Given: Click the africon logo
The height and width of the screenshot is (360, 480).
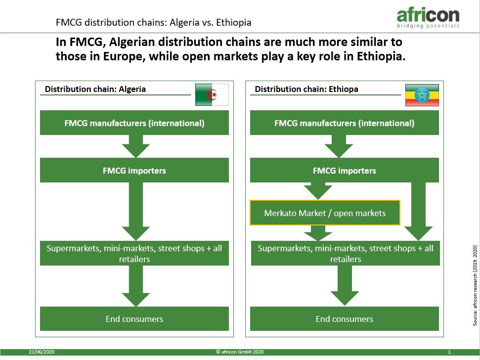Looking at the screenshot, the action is click(428, 18).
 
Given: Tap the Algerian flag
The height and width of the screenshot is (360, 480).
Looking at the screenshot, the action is click(212, 94).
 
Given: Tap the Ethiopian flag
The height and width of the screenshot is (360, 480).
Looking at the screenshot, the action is click(422, 95).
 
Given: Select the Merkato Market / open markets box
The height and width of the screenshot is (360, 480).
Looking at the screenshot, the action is click(325, 213).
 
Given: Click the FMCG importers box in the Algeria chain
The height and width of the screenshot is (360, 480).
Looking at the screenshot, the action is click(134, 170).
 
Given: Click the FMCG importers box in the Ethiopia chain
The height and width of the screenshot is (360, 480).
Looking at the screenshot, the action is click(345, 170).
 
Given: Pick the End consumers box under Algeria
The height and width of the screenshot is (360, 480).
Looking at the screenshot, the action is click(134, 318).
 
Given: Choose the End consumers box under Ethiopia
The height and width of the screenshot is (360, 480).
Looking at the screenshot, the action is click(345, 318).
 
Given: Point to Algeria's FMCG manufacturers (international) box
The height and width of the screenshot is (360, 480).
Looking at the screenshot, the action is click(134, 123).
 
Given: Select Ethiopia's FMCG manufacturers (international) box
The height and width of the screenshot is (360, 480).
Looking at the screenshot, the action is click(345, 123).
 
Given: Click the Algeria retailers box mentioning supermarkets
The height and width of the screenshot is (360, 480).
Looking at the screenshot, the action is click(134, 254).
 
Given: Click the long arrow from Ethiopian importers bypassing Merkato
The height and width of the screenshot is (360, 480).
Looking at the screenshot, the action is click(418, 211).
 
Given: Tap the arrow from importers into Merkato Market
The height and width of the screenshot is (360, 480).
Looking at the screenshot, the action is click(318, 191).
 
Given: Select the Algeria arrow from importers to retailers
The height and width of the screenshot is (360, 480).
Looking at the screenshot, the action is click(135, 211).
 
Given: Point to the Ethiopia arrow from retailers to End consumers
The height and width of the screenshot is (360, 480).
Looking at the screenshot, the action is click(345, 285).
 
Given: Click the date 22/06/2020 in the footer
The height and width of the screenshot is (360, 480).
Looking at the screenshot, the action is click(42, 352).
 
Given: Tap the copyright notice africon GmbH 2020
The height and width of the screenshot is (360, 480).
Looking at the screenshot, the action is click(240, 352).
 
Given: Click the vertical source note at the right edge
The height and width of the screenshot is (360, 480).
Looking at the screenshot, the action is click(475, 285).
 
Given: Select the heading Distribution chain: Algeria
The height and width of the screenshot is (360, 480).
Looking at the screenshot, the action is click(95, 89).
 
